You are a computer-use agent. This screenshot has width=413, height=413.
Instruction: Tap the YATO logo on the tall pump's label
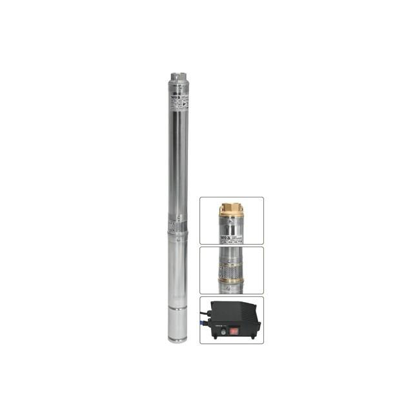[x=175, y=97]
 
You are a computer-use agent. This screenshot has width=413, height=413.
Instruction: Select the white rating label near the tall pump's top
[x=178, y=101]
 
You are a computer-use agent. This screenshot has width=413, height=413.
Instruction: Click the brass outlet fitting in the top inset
[x=230, y=209]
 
